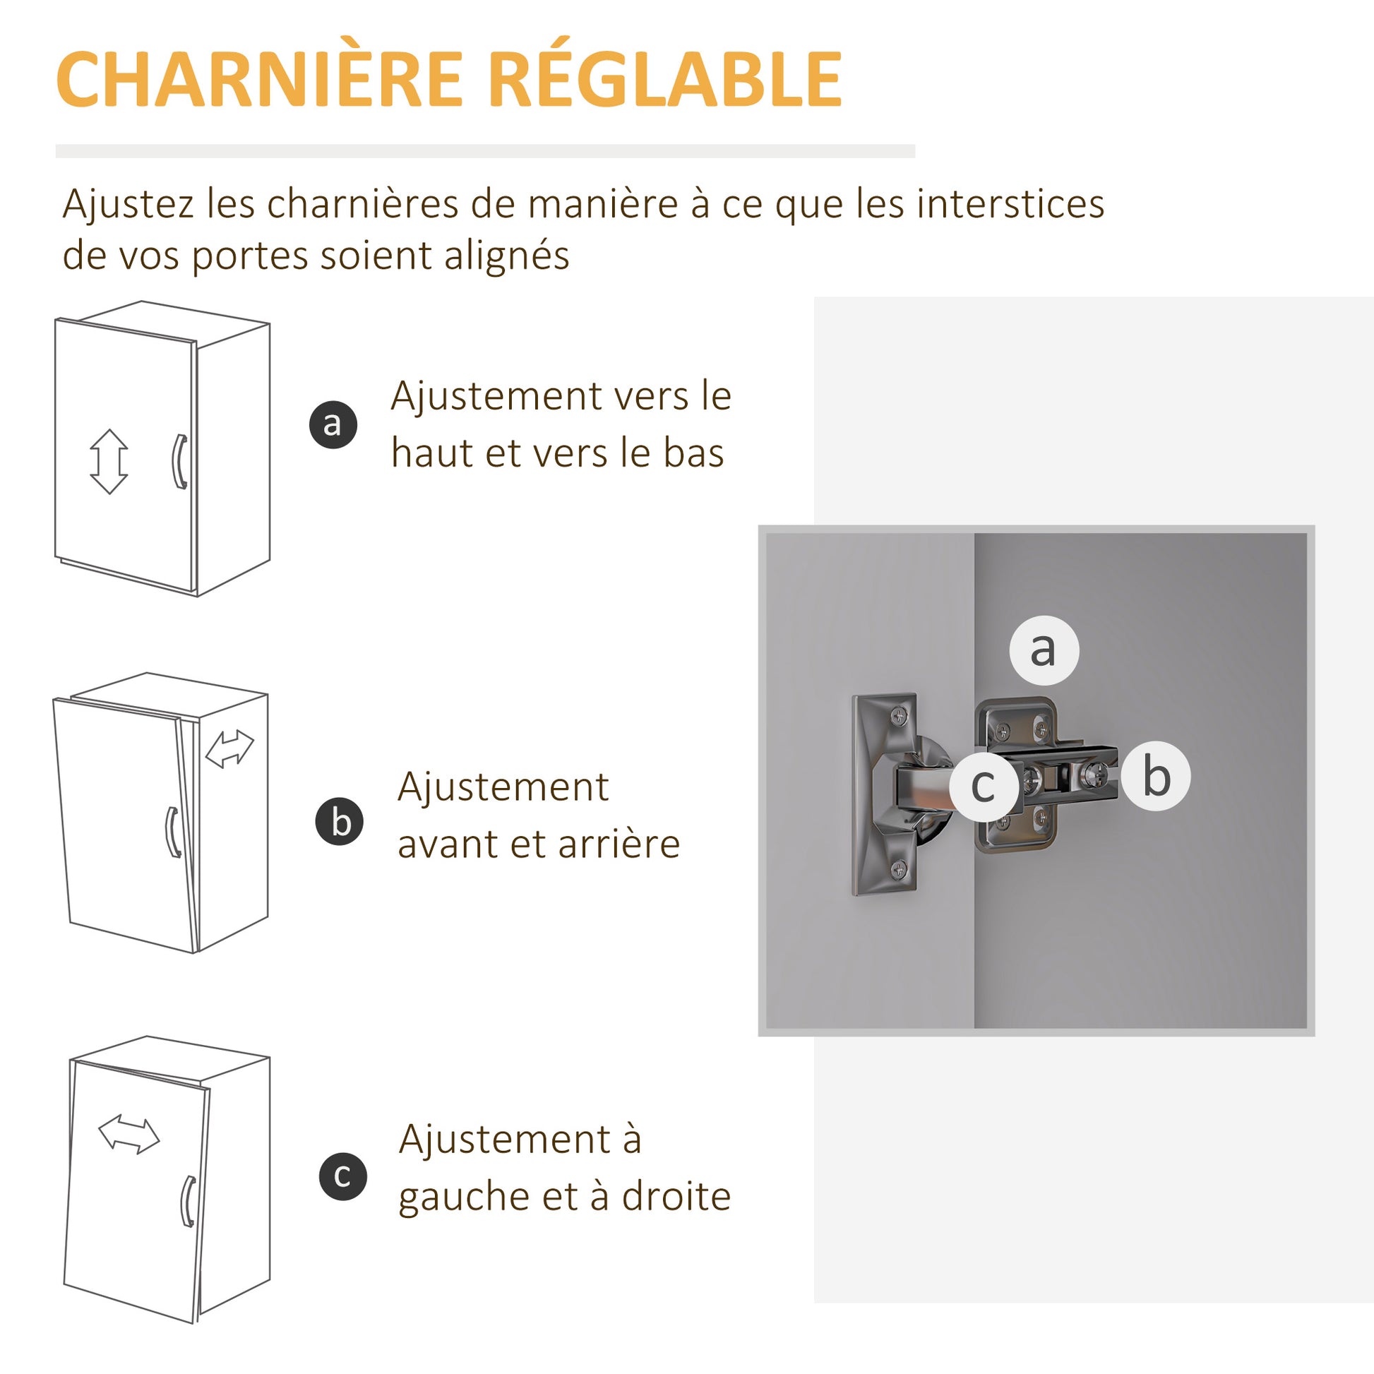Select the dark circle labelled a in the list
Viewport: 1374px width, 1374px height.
[333, 424]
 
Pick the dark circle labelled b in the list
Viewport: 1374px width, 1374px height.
[340, 821]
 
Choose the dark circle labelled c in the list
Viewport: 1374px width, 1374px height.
[342, 1176]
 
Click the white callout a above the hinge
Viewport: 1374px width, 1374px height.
[1044, 650]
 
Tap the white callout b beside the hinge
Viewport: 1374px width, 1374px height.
[1156, 777]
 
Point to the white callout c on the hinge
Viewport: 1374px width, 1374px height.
[984, 785]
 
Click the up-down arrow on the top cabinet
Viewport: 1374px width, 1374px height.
[109, 462]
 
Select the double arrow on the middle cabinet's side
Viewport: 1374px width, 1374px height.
[229, 749]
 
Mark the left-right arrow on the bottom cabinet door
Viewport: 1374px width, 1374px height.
[129, 1135]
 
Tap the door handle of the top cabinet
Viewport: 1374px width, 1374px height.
[180, 462]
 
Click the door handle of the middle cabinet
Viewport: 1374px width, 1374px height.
[173, 832]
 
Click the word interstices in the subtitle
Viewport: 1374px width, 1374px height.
[1010, 204]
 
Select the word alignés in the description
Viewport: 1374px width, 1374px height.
[507, 257]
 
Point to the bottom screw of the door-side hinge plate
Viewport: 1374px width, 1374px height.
[900, 868]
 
